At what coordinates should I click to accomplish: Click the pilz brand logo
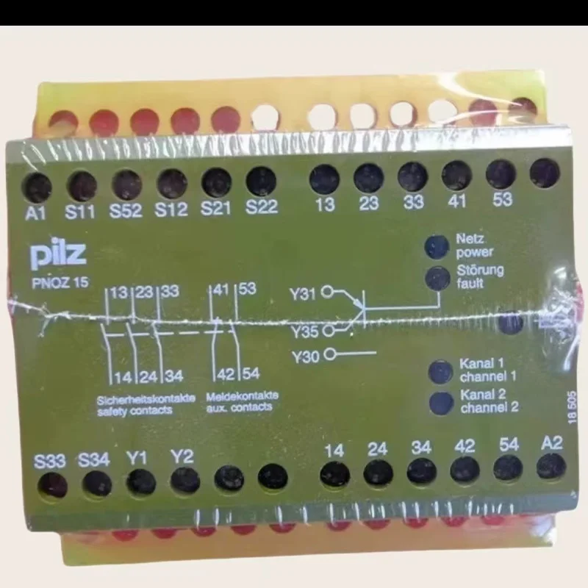pos(59,255)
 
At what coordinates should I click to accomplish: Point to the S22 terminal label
pos(262,207)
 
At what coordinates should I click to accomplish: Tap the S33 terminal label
pos(50,462)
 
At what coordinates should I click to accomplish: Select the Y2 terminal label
pos(182,456)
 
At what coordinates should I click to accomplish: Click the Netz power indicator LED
pos(439,246)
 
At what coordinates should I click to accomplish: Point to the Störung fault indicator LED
pos(438,277)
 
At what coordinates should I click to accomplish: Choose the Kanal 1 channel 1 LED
pos(440,370)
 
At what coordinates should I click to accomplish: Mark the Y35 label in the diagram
pos(304,331)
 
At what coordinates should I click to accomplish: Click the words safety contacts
pos(135,410)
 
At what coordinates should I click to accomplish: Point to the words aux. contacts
pos(240,406)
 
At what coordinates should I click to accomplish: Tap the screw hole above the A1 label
pos(37,188)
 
